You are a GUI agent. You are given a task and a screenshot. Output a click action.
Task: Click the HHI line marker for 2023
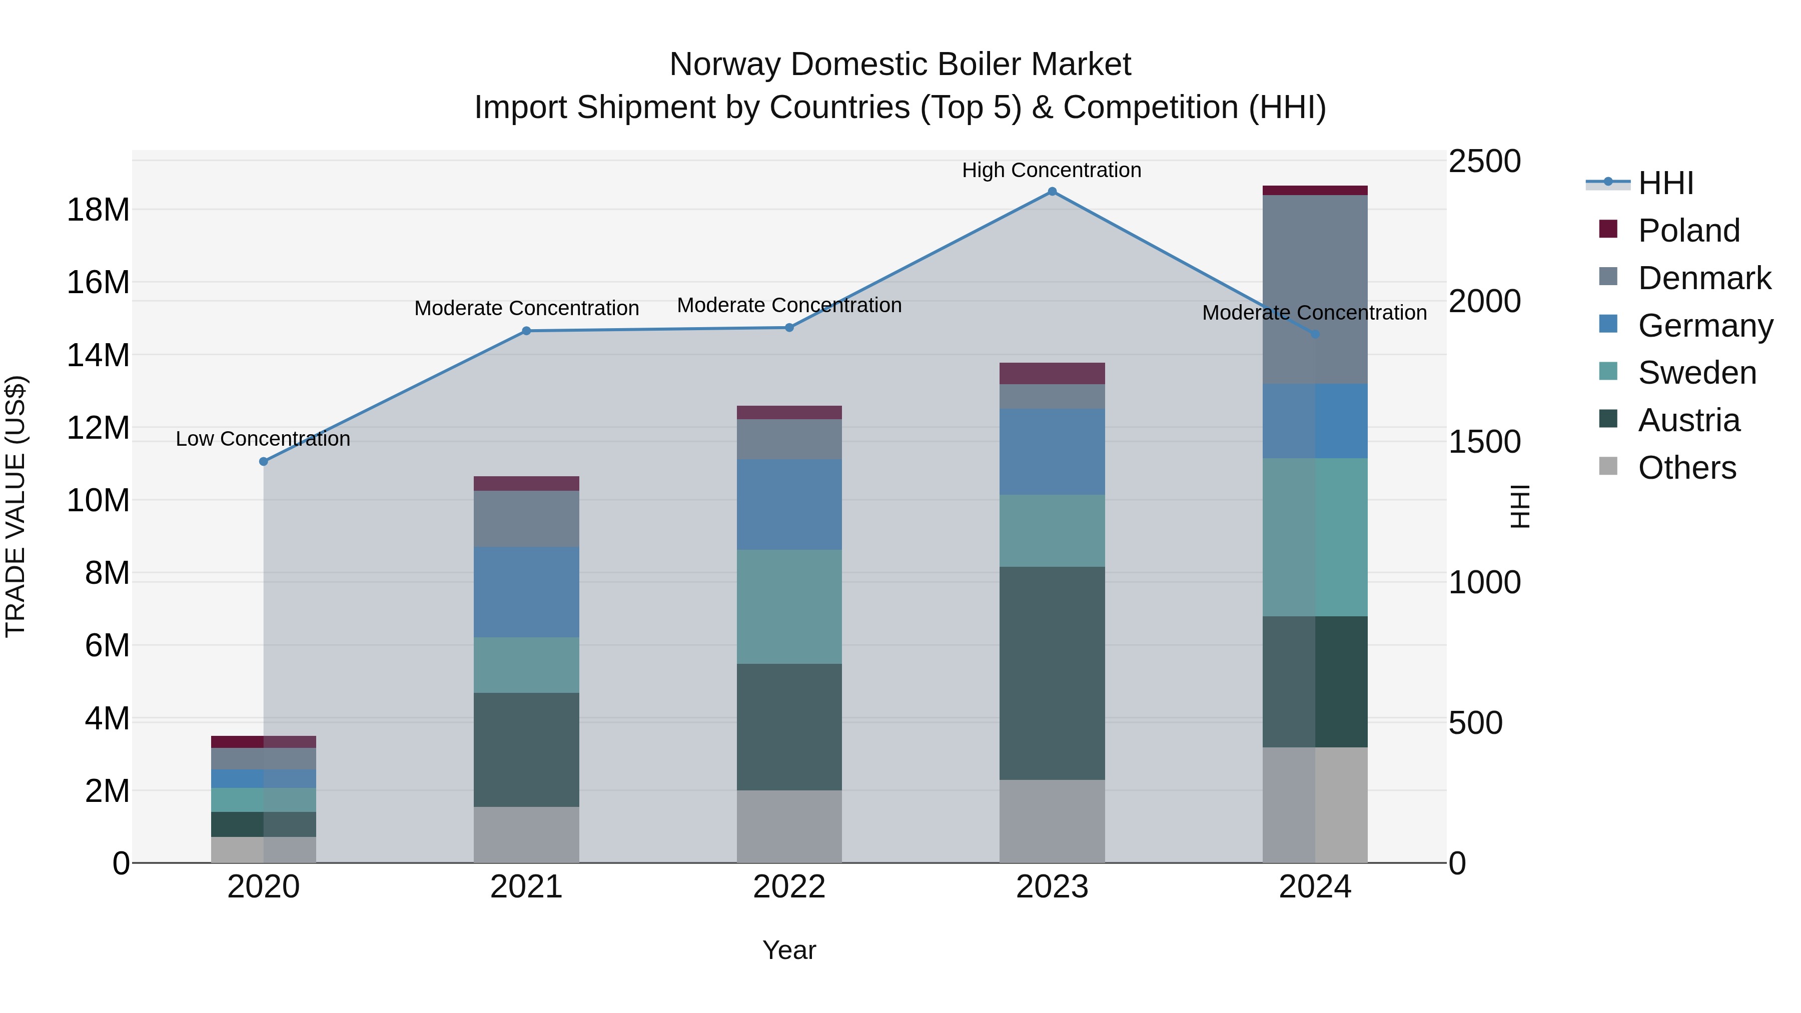pyautogui.click(x=1052, y=192)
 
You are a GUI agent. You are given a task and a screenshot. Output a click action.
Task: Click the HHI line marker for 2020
pyautogui.click(x=264, y=461)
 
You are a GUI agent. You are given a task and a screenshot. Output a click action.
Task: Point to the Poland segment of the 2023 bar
pyautogui.click(x=1052, y=373)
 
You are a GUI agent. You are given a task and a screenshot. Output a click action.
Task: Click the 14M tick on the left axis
pyautogui.click(x=98, y=355)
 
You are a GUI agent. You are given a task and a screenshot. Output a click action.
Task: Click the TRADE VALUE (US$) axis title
pyautogui.click(x=16, y=506)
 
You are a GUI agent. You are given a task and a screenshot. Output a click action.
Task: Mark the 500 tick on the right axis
pyautogui.click(x=1474, y=722)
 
